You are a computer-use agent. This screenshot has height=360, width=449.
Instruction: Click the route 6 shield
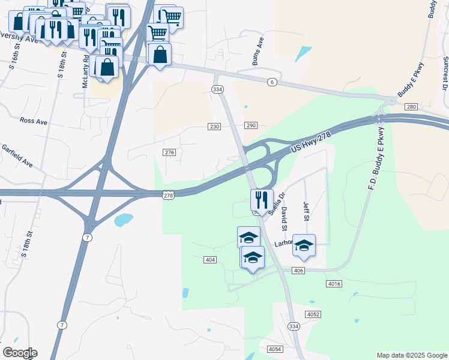pyautogui.click(x=272, y=82)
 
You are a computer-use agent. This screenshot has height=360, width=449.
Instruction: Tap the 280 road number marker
pyautogui.click(x=411, y=107)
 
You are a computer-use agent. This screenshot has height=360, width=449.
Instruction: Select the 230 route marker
pyautogui.click(x=215, y=127)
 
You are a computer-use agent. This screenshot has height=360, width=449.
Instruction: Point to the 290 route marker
pyautogui.click(x=251, y=125)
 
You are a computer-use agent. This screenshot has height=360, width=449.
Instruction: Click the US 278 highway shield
pyautogui.click(x=168, y=195)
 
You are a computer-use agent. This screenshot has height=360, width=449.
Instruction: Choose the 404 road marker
pyautogui.click(x=210, y=259)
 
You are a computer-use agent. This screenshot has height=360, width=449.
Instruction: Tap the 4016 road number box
pyautogui.click(x=334, y=283)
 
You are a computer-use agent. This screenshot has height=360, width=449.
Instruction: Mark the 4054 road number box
pyautogui.click(x=275, y=349)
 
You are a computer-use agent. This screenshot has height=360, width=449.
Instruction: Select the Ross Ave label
pyautogui.click(x=33, y=121)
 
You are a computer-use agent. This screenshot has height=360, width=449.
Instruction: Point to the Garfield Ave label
pyautogui.click(x=17, y=155)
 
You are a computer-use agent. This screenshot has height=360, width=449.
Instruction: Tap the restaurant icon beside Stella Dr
pyautogui.click(x=262, y=199)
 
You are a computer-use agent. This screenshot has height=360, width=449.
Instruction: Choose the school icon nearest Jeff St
pyautogui.click(x=304, y=245)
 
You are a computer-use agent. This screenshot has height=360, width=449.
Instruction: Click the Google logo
pyautogui.click(x=20, y=353)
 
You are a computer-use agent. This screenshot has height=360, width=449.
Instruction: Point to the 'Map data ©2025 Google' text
pyautogui.click(x=412, y=355)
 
